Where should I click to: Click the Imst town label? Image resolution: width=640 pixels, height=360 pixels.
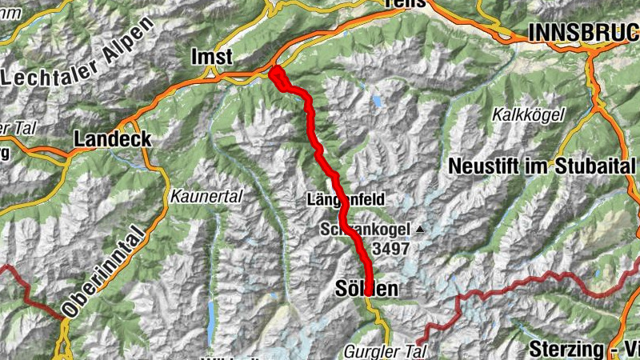tap(212, 57)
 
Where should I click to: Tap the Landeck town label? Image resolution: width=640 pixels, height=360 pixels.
tap(113, 138)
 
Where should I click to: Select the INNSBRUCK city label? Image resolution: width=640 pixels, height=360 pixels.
tap(583, 33)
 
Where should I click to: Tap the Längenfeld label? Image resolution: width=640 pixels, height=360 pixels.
tap(346, 198)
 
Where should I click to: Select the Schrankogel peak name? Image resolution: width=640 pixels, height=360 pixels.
tap(365, 230)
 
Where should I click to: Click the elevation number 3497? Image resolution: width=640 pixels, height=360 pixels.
tap(390, 248)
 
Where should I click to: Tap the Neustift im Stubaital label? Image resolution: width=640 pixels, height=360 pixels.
tap(539, 167)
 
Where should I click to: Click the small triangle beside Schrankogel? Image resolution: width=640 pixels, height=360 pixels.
tap(419, 230)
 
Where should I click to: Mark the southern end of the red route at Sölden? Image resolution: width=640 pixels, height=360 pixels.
tap(368, 293)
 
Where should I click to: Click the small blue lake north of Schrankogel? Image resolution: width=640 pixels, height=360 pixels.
tap(376, 101)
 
